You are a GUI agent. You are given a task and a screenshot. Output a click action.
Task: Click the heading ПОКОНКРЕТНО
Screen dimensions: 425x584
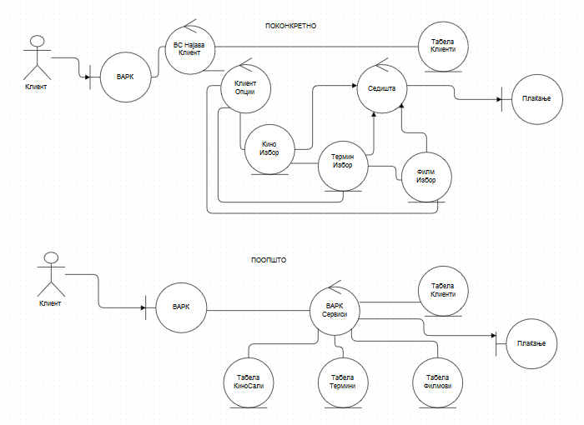point(290,26)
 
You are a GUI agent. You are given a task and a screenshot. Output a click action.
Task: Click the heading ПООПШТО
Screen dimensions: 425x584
point(269,260)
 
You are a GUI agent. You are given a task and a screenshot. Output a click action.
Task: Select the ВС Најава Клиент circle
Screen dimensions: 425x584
point(189,47)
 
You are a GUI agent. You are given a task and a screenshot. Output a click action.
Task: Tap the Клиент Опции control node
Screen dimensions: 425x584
point(245,87)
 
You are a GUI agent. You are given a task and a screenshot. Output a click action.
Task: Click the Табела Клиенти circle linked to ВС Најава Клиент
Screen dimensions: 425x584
point(443,47)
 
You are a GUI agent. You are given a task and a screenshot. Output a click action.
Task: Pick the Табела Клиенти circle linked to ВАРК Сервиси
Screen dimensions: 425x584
point(443,292)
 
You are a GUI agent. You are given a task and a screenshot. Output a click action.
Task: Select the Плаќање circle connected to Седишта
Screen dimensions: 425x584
point(533,100)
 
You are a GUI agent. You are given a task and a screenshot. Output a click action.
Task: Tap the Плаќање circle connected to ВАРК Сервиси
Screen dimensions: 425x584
point(531,344)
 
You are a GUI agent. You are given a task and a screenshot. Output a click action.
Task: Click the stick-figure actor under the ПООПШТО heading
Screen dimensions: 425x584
point(50,275)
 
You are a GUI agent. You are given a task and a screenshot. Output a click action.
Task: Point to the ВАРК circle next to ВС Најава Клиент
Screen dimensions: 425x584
point(125,77)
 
